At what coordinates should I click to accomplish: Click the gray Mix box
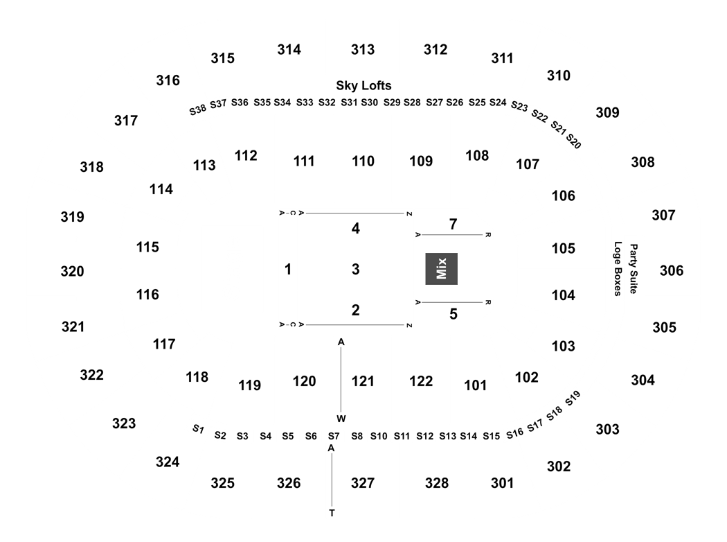[442, 269]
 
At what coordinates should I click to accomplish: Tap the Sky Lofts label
[363, 85]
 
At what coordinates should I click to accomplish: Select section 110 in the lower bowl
[363, 161]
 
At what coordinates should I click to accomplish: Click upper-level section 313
[363, 49]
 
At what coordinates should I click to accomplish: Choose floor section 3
[356, 269]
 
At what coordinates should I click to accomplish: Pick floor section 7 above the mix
[453, 225]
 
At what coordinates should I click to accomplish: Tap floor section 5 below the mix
[453, 314]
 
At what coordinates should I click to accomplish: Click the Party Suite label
[634, 269]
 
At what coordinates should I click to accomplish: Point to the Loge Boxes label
[618, 269]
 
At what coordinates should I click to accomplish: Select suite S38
[197, 110]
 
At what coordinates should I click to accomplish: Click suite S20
[574, 141]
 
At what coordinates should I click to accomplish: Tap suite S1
[199, 429]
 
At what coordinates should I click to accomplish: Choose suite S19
[573, 398]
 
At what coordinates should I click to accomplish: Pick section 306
[672, 270]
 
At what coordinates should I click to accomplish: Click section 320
[72, 271]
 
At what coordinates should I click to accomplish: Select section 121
[363, 381]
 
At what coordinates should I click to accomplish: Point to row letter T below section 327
[332, 513]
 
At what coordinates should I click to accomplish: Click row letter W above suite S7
[341, 419]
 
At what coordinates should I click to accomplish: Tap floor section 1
[288, 269]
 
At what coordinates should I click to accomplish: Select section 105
[564, 248]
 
